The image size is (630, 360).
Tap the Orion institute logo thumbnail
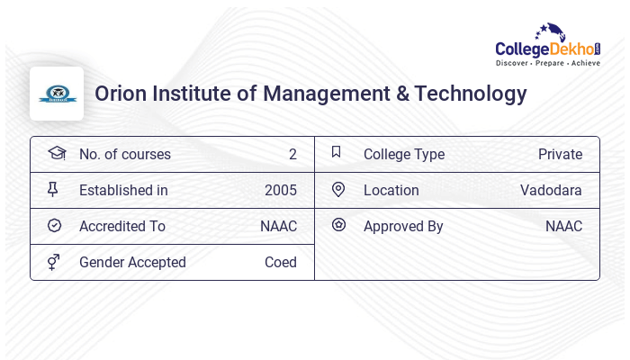[57, 94]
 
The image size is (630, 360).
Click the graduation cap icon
[56, 153]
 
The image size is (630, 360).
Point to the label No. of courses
[124, 154]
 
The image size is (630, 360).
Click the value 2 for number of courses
[292, 154]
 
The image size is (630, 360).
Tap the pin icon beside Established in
[53, 190]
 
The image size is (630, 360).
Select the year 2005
[280, 190]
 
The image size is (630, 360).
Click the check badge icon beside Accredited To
[54, 226]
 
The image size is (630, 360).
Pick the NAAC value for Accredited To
[278, 226]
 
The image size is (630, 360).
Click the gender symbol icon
[53, 262]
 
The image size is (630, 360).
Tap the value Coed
[280, 262]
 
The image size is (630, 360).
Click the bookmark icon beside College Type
[336, 152]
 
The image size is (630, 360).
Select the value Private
[560, 154]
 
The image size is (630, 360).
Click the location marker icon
[338, 189]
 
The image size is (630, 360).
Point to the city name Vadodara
[551, 190]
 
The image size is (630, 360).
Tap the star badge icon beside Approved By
[338, 225]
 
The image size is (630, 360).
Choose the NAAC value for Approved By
[563, 226]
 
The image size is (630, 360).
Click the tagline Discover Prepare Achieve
[547, 64]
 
